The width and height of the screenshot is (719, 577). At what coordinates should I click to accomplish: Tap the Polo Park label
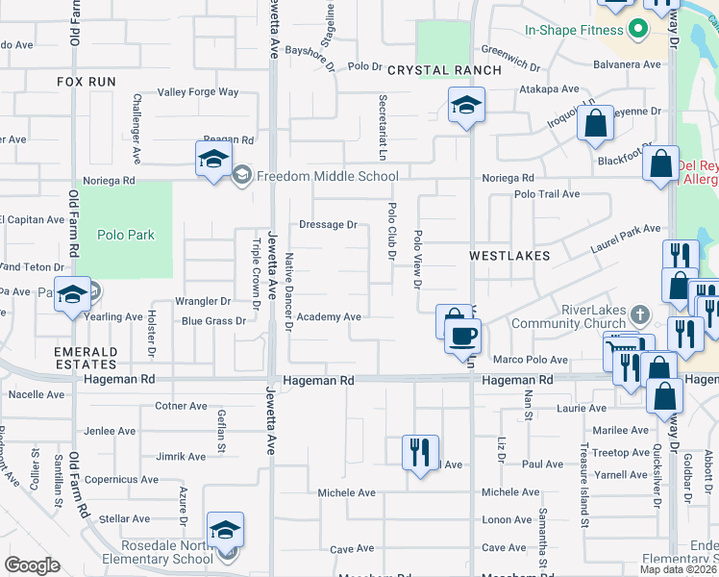(126, 235)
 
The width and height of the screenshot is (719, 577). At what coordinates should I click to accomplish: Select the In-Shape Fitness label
(575, 30)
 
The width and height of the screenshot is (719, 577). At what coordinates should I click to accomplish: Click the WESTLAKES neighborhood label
(509, 256)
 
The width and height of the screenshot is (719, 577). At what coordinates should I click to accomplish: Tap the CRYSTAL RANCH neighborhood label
(444, 70)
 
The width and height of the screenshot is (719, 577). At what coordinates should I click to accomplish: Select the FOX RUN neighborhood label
(87, 83)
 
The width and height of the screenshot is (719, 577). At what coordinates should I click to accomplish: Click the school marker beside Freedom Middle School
(213, 160)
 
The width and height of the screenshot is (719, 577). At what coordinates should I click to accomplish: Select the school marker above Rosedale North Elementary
(225, 531)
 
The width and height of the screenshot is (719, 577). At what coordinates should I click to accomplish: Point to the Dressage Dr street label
(328, 225)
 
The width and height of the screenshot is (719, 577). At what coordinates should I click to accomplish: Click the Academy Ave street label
(329, 316)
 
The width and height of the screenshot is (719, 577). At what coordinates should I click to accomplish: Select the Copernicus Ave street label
(122, 479)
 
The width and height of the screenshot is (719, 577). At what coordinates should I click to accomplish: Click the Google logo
(32, 565)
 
